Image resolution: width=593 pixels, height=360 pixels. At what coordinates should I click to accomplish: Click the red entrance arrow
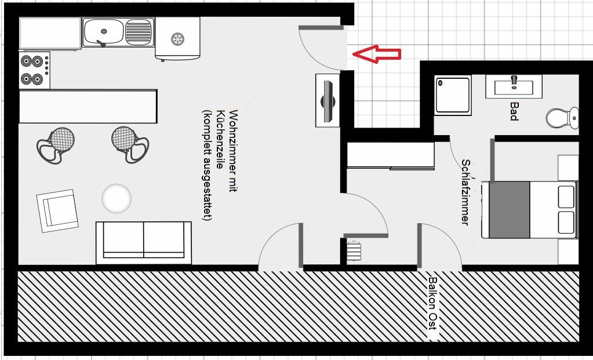tap(377, 54)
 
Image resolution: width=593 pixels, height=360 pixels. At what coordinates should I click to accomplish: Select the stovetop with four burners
tap(34, 70)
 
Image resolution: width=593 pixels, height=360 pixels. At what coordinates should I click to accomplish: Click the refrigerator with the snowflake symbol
tap(177, 38)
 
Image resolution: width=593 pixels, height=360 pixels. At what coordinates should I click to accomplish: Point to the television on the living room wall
tap(328, 100)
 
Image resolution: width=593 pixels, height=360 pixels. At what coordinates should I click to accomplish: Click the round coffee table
tap(117, 198)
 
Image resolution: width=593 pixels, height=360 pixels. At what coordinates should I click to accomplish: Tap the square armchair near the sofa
tap(58, 210)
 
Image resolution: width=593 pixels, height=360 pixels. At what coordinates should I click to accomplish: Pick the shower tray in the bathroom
tap(453, 95)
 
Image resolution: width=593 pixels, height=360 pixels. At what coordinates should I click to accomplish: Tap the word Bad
tap(514, 111)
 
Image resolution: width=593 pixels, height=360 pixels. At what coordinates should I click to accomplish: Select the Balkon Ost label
tap(432, 303)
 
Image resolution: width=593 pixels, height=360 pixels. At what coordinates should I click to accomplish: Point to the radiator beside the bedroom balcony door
tap(354, 253)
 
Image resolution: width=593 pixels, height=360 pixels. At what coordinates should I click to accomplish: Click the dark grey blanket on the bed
tap(509, 210)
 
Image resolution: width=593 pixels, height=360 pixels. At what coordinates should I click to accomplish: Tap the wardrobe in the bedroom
tap(390, 155)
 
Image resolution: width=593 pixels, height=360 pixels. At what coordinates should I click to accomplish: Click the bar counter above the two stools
tap(88, 106)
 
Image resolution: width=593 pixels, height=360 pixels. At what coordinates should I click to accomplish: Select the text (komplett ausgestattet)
tap(206, 165)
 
